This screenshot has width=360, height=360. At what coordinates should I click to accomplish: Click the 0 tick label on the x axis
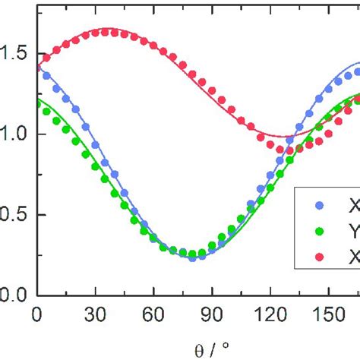tap(36, 312)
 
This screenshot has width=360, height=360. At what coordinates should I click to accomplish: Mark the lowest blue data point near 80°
tap(192, 257)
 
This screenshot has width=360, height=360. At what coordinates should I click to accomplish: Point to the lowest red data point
tap(279, 150)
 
